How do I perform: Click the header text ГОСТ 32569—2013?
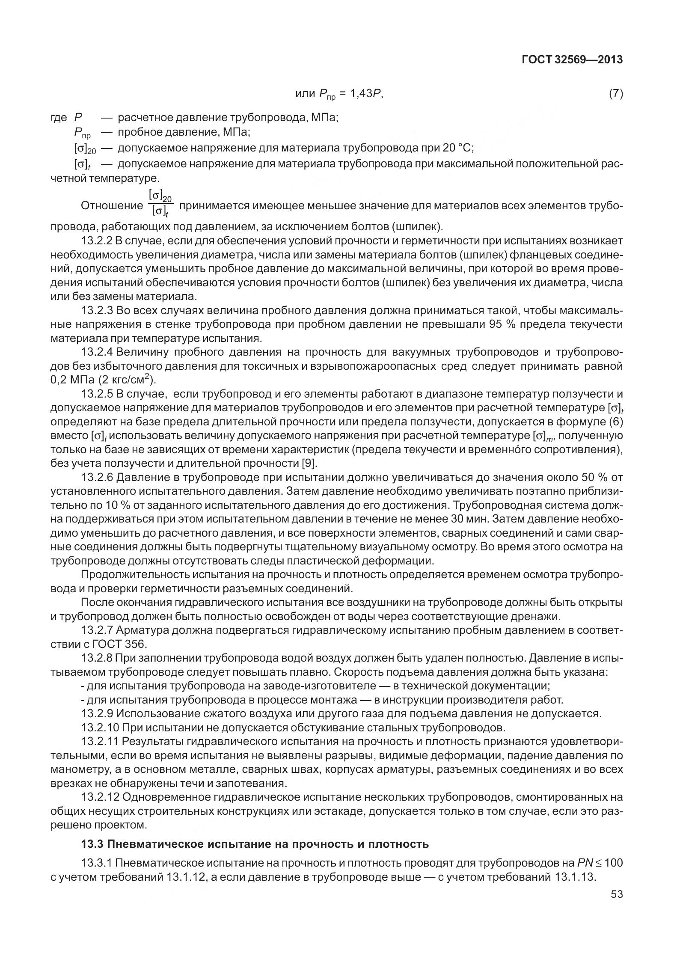click(572, 59)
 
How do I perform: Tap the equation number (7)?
click(615, 94)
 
